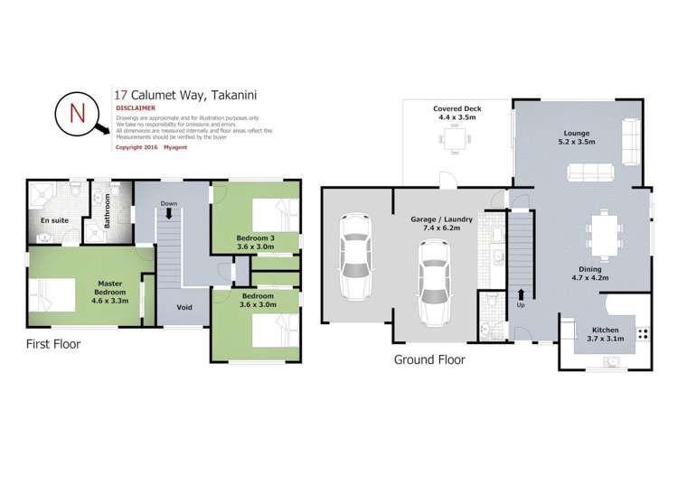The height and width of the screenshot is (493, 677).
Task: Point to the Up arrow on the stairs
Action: pos(521,295)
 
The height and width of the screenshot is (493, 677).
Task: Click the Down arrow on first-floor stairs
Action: pos(169,212)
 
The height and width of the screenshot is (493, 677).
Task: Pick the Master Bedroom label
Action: pos(111,288)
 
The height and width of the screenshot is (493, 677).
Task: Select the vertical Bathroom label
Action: pos(106,209)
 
